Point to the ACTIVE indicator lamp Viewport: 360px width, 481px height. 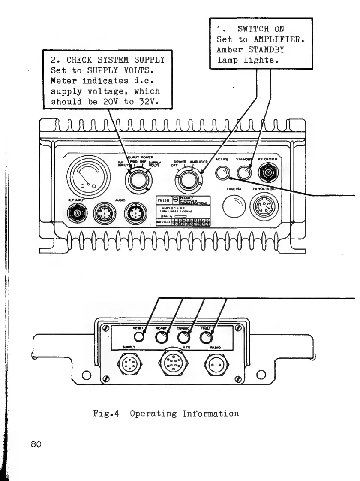[x=223, y=173]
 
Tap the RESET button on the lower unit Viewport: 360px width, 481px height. [x=138, y=337]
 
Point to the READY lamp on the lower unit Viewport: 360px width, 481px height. [x=161, y=338]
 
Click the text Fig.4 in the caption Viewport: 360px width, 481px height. [x=106, y=414]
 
